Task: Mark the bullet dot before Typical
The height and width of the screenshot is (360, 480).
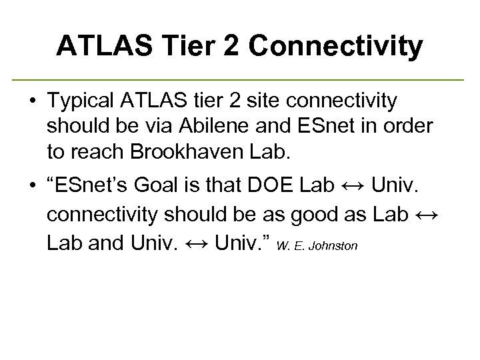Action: coord(32,102)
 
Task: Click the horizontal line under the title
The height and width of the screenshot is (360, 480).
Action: coord(240,80)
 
